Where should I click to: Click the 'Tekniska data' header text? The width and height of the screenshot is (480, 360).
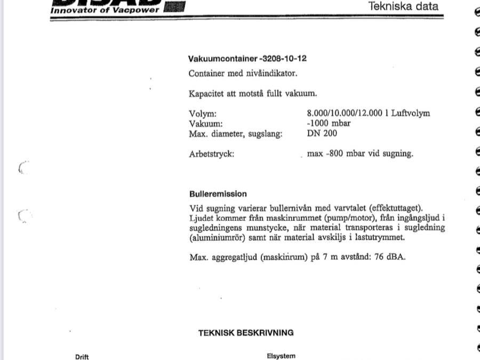point(404,6)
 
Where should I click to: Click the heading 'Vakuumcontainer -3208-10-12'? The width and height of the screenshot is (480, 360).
point(247,58)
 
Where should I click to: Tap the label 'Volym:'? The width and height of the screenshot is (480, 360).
point(203,114)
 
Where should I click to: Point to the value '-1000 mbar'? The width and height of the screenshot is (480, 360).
point(329,123)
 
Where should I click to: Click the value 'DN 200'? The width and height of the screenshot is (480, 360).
point(322,133)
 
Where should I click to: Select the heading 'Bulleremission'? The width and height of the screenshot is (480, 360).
point(218,194)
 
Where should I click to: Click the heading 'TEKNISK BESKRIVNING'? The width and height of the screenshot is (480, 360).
point(246,332)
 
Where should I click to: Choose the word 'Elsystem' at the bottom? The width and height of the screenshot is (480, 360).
point(281,356)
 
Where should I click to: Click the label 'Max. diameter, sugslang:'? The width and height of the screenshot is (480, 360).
point(236,133)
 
